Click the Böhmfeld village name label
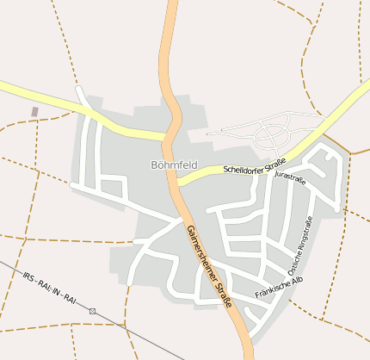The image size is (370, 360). pos(173,164)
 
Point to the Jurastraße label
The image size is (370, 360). pos(290,177)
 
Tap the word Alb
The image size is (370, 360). pos(298,280)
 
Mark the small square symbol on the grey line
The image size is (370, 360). pos(93,310)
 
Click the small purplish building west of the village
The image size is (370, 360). pos(34,111)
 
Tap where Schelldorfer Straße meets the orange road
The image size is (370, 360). pos(178,181)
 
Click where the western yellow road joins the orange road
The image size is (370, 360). pos(167,136)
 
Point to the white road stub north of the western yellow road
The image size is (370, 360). pos(80,93)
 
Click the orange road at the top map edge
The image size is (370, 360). pos(171,3)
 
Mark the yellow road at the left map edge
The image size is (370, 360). pos(3,86)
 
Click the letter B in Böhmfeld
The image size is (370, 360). pos(154,164)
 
